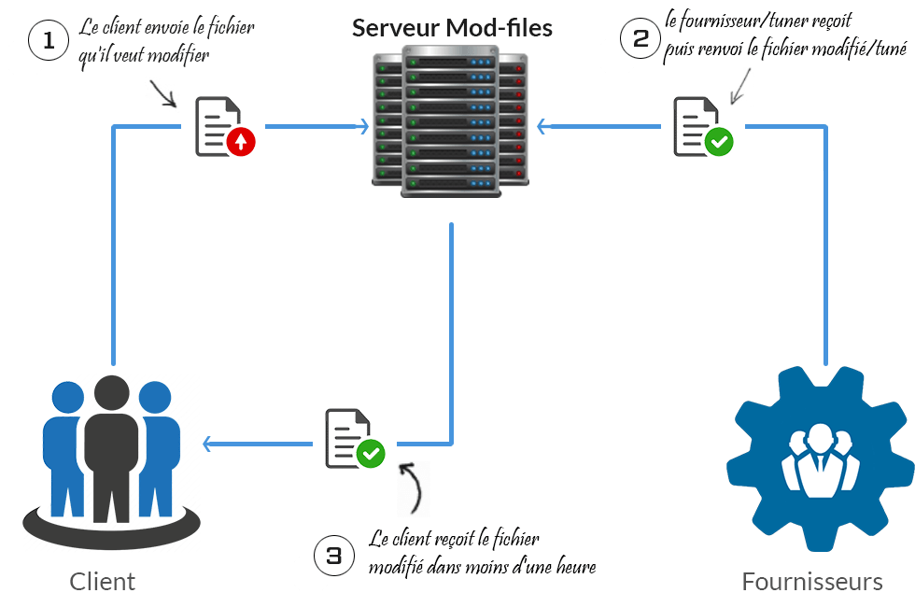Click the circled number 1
[49, 41]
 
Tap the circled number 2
[640, 38]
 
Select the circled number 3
[334, 556]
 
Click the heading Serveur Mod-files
[452, 28]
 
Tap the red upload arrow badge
[241, 142]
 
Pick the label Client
[103, 582]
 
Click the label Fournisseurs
[811, 582]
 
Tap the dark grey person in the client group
[113, 448]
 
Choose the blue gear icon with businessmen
[821, 458]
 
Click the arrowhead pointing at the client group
[209, 444]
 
